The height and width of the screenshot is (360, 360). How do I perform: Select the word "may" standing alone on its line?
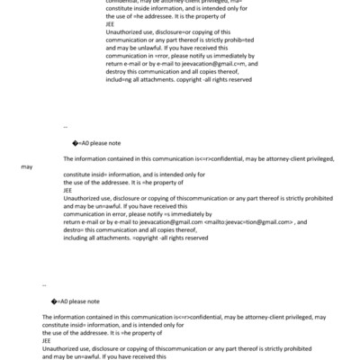click(x=28, y=166)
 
